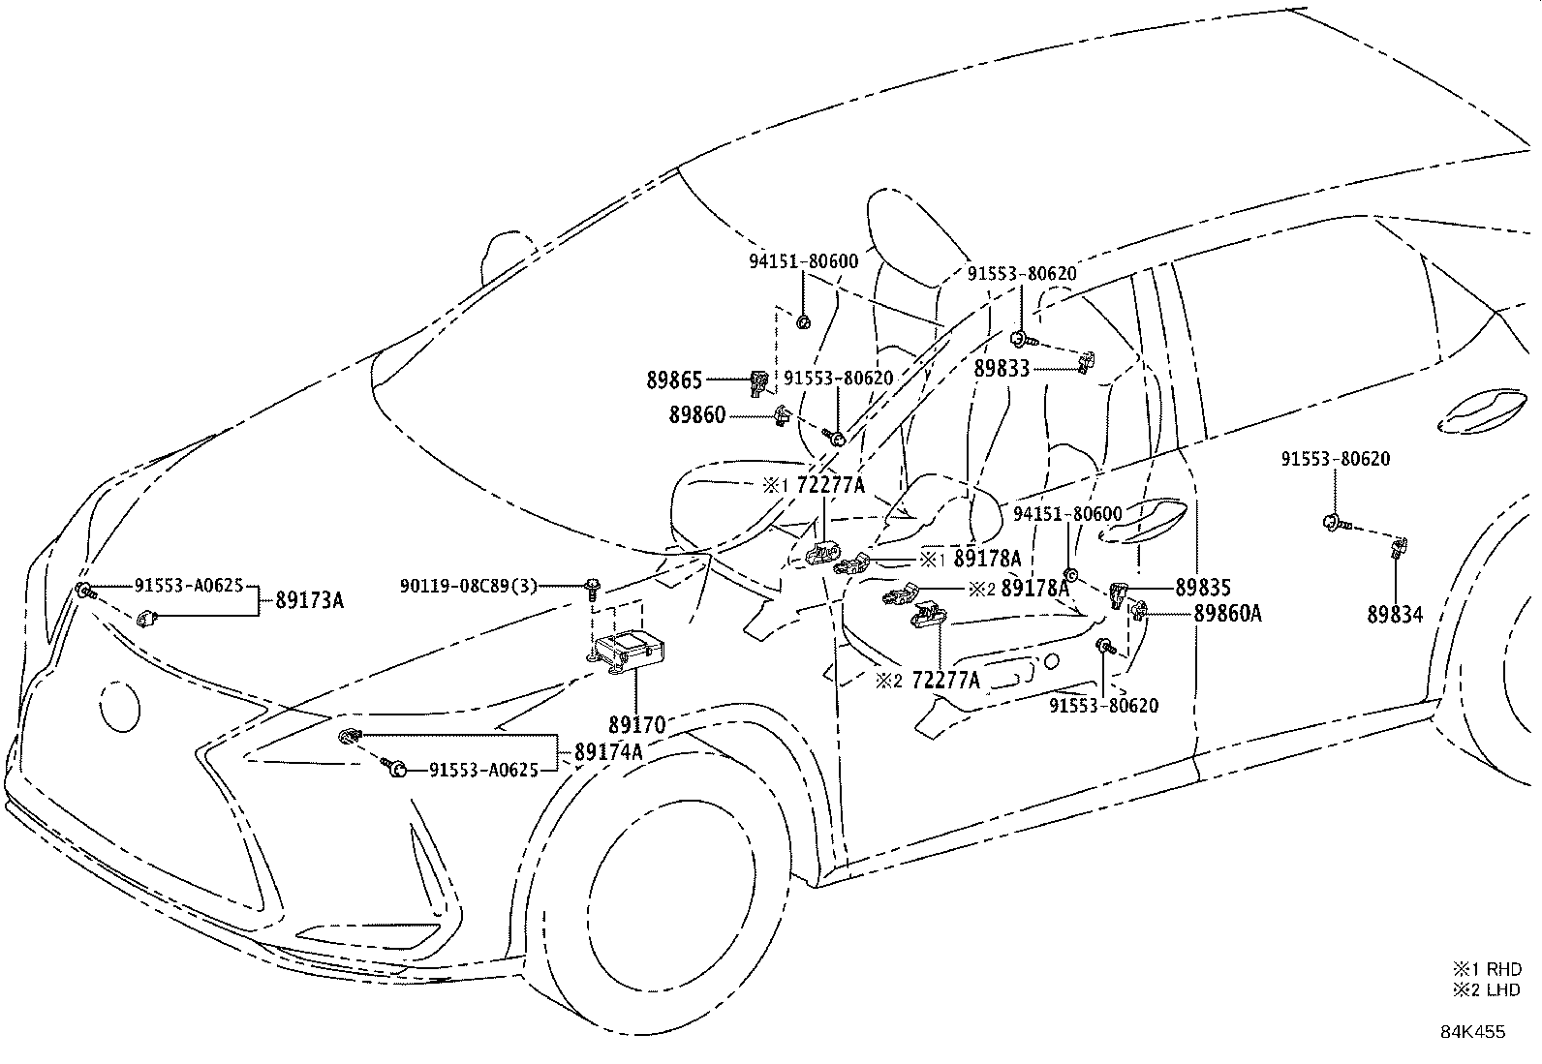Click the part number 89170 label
coord(636,724)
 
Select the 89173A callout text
coord(309,600)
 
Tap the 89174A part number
coord(608,751)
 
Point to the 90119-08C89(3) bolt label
coord(468,586)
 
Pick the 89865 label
coord(674,380)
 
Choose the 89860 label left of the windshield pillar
coord(696,416)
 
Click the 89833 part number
coord(1002,369)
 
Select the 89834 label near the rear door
coord(1395,613)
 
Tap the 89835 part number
coord(1203,588)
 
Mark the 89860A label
coord(1227,613)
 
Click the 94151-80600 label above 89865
coord(803,261)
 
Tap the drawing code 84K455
coord(1472,1031)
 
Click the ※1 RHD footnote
coord(1486,968)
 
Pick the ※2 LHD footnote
coord(1486,989)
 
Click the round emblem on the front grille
coord(119,705)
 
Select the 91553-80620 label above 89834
coord(1335,458)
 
